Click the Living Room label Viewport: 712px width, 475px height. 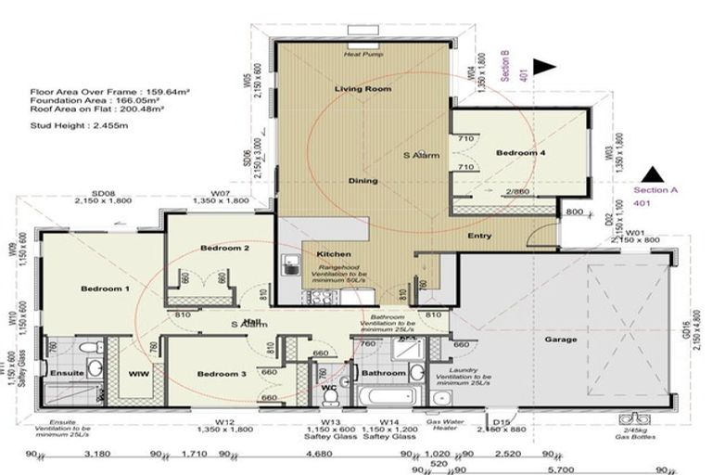click(x=363, y=89)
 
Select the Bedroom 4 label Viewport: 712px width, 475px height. click(x=520, y=152)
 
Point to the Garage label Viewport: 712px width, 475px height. click(x=560, y=340)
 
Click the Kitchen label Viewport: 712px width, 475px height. click(x=332, y=254)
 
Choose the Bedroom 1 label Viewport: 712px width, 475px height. click(x=105, y=289)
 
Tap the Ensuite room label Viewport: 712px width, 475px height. click(x=69, y=373)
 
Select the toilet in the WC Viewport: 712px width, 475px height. click(x=329, y=396)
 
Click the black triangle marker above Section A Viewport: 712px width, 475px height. click(x=655, y=173)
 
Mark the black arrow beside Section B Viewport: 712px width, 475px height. click(x=542, y=67)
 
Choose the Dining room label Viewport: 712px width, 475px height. click(x=362, y=181)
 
